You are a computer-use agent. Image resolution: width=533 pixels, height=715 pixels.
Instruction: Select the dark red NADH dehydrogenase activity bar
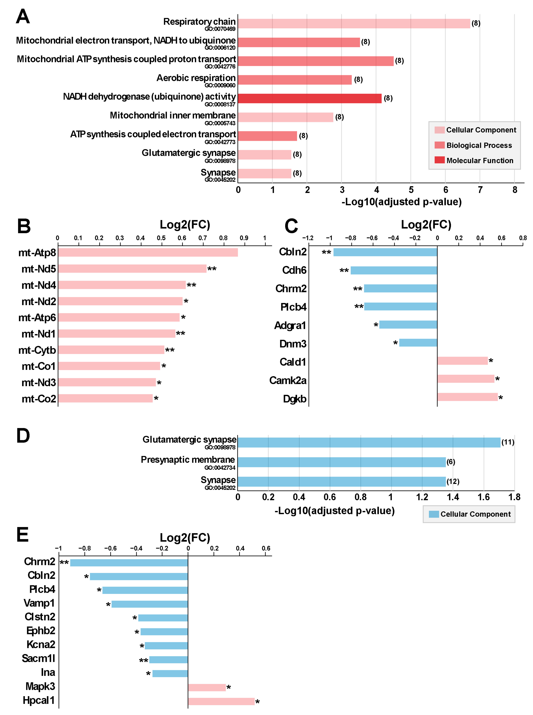[310, 98]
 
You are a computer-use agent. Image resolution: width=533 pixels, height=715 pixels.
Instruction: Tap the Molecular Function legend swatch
[440, 160]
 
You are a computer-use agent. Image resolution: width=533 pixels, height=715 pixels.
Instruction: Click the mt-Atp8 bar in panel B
[148, 253]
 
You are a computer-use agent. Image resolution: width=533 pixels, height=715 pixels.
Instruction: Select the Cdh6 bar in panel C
[394, 270]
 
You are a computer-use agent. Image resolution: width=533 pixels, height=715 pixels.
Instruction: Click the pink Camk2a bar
[466, 379]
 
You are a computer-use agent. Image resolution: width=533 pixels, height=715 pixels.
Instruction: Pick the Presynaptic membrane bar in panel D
[341, 462]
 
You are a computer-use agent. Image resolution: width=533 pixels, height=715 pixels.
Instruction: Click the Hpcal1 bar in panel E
[221, 701]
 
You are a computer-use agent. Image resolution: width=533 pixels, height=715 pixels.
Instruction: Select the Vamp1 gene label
[39, 603]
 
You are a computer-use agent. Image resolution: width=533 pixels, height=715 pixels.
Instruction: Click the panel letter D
[23, 436]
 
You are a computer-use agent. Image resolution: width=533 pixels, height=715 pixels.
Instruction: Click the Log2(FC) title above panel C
[426, 225]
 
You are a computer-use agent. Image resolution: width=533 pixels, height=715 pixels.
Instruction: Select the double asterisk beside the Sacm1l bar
[144, 660]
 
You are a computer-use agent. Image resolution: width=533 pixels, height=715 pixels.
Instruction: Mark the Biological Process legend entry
[479, 145]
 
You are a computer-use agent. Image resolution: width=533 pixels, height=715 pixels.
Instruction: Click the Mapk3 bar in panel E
[207, 688]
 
